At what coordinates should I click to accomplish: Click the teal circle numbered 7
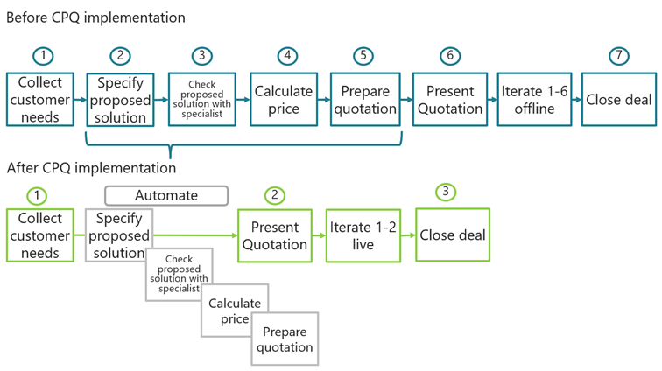pos(618,55)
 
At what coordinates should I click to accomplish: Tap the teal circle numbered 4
pos(286,55)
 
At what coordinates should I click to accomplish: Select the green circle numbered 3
pos(446,191)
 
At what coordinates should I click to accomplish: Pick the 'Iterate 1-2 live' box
pos(363,235)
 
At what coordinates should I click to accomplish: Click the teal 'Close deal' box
pos(618,99)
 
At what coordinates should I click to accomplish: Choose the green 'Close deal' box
pos(452,234)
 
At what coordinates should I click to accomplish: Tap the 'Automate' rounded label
pos(166,195)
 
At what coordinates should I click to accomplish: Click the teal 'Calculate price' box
pos(284,99)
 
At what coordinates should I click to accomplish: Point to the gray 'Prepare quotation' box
pos(285,339)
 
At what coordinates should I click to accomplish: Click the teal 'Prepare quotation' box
pos(365,99)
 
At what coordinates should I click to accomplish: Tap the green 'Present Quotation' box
pos(275,235)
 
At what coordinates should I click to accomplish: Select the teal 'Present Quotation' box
pos(449,99)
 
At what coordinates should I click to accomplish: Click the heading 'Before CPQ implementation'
pos(95,17)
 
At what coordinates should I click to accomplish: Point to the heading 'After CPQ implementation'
pos(91,167)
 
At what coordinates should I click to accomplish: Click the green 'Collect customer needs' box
pos(39,235)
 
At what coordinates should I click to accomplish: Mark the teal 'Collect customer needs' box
pos(39,99)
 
